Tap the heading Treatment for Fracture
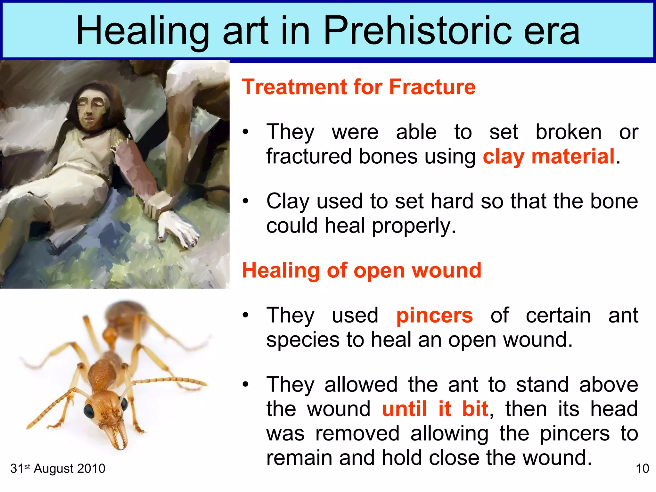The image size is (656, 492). click(359, 87)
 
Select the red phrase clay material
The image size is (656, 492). click(549, 157)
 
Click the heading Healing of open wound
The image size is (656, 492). click(362, 271)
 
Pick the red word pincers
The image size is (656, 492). click(434, 316)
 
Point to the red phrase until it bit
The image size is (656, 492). click(435, 409)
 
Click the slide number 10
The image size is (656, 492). click(642, 469)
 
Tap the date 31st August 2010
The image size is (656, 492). click(58, 469)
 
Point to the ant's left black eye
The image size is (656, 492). click(89, 411)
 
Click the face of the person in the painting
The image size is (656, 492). click(91, 111)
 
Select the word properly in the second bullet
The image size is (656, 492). click(414, 226)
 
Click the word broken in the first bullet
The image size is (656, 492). click(569, 132)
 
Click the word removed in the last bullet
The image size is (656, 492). click(357, 434)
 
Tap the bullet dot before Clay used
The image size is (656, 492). click(245, 201)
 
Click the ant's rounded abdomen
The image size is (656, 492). click(126, 316)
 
